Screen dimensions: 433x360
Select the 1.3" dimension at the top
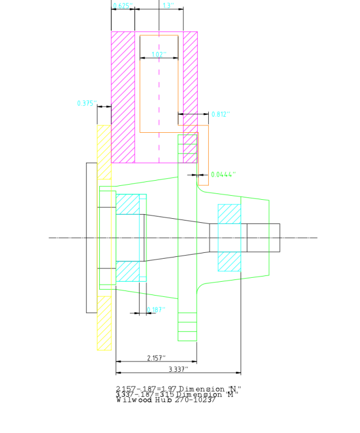167,6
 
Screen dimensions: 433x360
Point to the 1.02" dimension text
158,55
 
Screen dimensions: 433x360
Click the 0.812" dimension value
220,114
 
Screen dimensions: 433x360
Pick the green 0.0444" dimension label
223,174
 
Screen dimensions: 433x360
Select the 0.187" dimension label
156,310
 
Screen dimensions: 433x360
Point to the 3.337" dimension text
178,369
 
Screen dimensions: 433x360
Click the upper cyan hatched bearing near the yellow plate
127,204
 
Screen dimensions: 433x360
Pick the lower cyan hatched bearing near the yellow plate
127,271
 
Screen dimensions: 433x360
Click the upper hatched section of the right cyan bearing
229,214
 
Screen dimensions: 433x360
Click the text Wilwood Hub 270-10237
166,400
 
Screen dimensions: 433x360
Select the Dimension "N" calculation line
178,389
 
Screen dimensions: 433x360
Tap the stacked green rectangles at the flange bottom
187,327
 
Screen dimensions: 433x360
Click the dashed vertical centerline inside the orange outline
159,104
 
